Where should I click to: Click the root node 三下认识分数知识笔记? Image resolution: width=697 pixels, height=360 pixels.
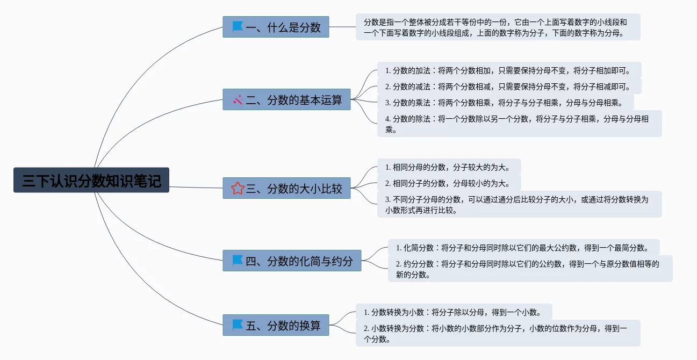pos(91,180)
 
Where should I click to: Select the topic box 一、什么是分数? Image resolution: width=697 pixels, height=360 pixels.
pos(276,27)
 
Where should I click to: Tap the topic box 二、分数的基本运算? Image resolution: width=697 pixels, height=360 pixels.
pos(286,99)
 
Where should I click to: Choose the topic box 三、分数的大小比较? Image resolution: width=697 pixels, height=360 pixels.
pos(286,188)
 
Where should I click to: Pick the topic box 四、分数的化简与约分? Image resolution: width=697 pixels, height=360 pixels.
pos(292,261)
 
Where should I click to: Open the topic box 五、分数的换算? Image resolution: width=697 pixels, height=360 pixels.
pos(276,325)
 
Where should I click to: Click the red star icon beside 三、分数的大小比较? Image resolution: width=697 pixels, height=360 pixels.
pos(238,188)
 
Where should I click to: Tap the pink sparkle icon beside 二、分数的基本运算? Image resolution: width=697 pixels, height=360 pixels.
pos(238,100)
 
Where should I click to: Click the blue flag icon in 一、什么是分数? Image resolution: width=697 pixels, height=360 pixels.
pos(238,27)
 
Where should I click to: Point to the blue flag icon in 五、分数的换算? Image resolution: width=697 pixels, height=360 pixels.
pos(238,325)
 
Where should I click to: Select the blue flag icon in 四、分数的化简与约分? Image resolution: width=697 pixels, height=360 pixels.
pos(238,261)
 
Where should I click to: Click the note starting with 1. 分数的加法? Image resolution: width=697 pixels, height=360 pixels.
pos(509,70)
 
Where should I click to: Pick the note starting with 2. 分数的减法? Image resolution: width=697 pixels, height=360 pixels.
pos(509,87)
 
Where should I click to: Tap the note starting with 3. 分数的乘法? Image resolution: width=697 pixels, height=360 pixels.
pos(505,103)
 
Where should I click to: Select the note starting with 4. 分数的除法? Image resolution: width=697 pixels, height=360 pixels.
pos(519,124)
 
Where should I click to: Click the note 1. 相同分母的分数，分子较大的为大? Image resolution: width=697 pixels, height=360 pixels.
pos(449,167)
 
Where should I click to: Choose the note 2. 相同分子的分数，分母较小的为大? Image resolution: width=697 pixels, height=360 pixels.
pos(449,183)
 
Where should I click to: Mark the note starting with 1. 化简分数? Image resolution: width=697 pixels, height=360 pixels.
pos(523,248)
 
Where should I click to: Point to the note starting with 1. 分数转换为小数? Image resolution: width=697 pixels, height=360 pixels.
pos(454,312)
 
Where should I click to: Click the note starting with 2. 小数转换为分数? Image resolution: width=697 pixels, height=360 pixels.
pos(498,333)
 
